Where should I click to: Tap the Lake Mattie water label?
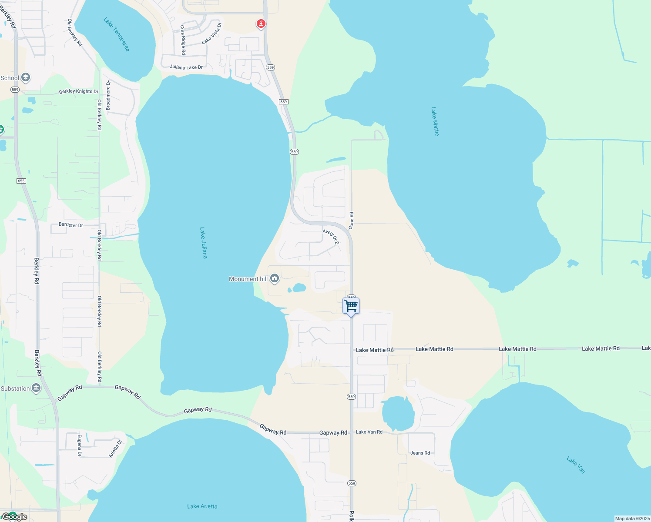[435, 122]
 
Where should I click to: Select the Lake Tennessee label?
[117, 34]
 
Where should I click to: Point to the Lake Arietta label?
[202, 506]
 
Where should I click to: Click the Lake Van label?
[576, 465]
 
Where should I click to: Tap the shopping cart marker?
[351, 306]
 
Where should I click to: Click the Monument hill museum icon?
[274, 278]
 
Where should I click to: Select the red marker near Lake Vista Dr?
[261, 23]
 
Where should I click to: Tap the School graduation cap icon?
[26, 78]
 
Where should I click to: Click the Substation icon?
[37, 388]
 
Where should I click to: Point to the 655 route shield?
[21, 181]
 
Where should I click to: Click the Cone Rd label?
[351, 221]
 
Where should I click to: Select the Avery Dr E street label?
[331, 237]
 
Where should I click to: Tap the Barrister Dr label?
[70, 225]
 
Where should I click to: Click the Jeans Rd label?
[420, 453]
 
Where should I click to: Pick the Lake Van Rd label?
[369, 432]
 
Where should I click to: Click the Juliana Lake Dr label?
[186, 67]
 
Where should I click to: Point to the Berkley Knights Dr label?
[79, 91]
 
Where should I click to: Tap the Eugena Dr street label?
[80, 445]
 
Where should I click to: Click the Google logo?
[15, 517]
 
